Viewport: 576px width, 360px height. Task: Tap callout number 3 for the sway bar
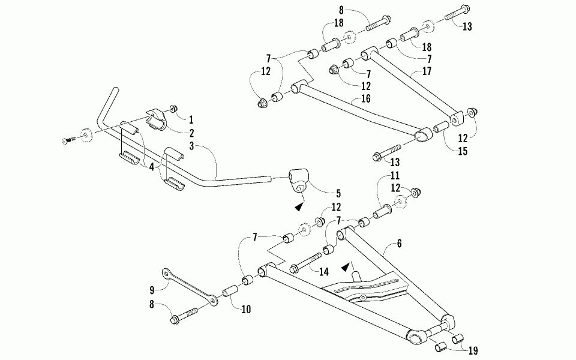click(x=191, y=146)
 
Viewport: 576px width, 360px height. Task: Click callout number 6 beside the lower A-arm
click(x=400, y=244)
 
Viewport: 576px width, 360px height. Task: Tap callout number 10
click(x=245, y=310)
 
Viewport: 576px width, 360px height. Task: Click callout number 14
click(x=324, y=271)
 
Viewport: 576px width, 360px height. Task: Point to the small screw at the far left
click(x=67, y=140)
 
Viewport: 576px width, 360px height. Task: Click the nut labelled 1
click(x=173, y=109)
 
